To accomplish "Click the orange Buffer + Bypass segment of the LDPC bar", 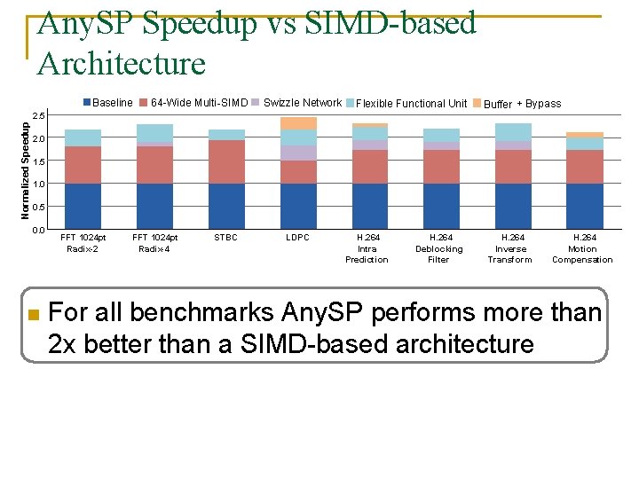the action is pos(298,123).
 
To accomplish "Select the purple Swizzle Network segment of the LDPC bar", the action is pos(298,153).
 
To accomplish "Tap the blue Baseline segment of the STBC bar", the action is pos(226,206).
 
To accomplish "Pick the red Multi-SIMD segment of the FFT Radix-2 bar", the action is pos(83,165).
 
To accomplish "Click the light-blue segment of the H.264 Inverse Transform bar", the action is pos(513,132).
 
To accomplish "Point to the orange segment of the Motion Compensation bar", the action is pos(585,135).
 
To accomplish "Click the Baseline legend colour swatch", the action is pos(87,102).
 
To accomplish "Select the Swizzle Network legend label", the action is pos(303,103).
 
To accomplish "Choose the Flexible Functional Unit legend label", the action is pos(411,104).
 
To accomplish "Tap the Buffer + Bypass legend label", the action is pos(522,104).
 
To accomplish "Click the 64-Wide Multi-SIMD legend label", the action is pos(200,103).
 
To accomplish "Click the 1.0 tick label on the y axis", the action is pos(39,185).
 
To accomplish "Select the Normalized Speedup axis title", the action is pos(25,170).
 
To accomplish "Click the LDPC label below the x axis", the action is pos(297,238).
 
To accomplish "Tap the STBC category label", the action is pos(225,238).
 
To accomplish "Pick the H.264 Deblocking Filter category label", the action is pos(439,248).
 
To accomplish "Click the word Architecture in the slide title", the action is pos(122,64).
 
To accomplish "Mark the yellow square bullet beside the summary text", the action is pos(34,314).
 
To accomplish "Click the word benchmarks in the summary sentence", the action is pos(201,312).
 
